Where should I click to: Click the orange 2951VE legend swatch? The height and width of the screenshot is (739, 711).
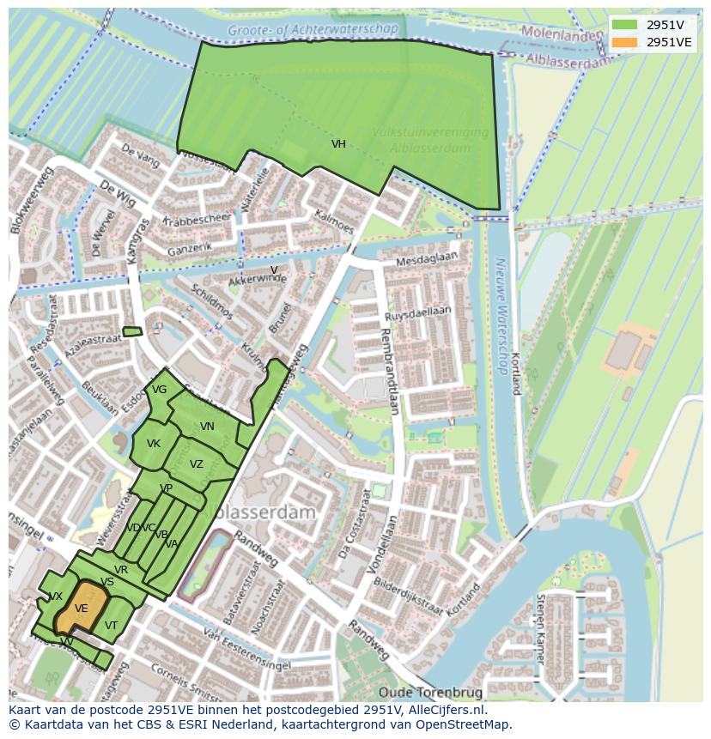(x=625, y=42)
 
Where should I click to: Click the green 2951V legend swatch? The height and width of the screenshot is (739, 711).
(x=625, y=25)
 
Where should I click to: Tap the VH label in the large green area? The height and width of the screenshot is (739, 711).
(x=338, y=144)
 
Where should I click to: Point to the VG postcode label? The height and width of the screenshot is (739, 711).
(x=159, y=390)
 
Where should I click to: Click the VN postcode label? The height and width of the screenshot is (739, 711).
(x=207, y=427)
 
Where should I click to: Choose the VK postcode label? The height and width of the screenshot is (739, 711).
(x=154, y=444)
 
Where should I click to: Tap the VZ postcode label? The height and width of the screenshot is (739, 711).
(x=197, y=464)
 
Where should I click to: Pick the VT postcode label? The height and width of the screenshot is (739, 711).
(x=111, y=626)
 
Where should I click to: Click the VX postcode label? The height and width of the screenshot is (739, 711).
(x=56, y=597)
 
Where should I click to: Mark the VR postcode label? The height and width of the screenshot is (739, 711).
(x=121, y=570)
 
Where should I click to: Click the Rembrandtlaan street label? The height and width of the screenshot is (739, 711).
(x=387, y=369)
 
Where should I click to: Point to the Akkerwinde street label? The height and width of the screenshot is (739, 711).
(x=257, y=278)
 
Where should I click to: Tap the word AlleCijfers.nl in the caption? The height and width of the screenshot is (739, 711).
(x=446, y=710)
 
